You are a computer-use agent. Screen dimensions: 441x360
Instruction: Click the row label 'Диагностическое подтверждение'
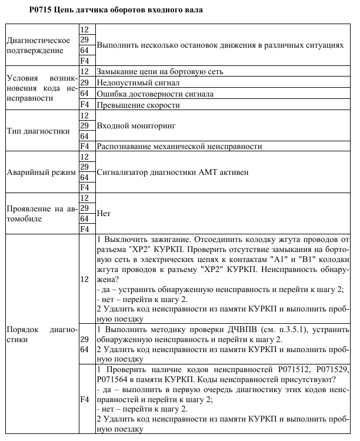click(39, 45)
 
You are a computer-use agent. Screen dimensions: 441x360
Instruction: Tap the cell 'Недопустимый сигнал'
click(133, 82)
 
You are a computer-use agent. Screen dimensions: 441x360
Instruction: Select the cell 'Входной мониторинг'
click(135, 126)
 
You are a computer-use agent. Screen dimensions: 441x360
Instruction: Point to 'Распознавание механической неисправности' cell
click(179, 146)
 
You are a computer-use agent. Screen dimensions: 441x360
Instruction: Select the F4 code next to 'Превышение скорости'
click(84, 105)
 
